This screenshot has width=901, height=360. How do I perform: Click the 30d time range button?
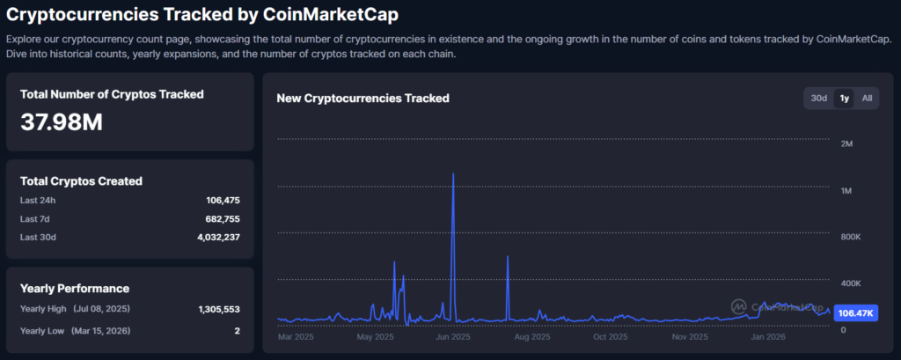[818, 98]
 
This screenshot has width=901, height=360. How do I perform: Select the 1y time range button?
[844, 98]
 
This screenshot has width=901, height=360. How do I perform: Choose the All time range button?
[867, 98]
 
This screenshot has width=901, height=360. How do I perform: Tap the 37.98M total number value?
[62, 122]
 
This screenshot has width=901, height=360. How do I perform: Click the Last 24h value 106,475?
[223, 201]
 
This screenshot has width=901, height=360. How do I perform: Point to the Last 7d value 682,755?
[223, 218]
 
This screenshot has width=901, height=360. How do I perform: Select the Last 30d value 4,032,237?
[217, 237]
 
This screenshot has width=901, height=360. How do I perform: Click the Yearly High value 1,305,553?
[219, 309]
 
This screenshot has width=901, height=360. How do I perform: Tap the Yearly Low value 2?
[238, 330]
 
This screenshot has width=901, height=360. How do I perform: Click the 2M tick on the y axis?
[847, 143]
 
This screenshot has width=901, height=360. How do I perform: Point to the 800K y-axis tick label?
[849, 238]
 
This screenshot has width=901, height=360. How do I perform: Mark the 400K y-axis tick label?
[849, 283]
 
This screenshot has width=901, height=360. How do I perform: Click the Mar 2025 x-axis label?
[297, 337]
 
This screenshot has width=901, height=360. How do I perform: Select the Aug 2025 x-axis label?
[531, 337]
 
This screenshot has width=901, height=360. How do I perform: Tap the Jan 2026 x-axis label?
[767, 337]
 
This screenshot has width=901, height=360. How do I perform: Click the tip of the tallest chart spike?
[453, 174]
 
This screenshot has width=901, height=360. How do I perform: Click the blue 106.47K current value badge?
[856, 312]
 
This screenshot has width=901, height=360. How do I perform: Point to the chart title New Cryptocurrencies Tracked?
[363, 99]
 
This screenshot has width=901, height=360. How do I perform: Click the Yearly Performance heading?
[75, 288]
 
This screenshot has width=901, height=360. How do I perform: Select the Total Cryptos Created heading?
[81, 180]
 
